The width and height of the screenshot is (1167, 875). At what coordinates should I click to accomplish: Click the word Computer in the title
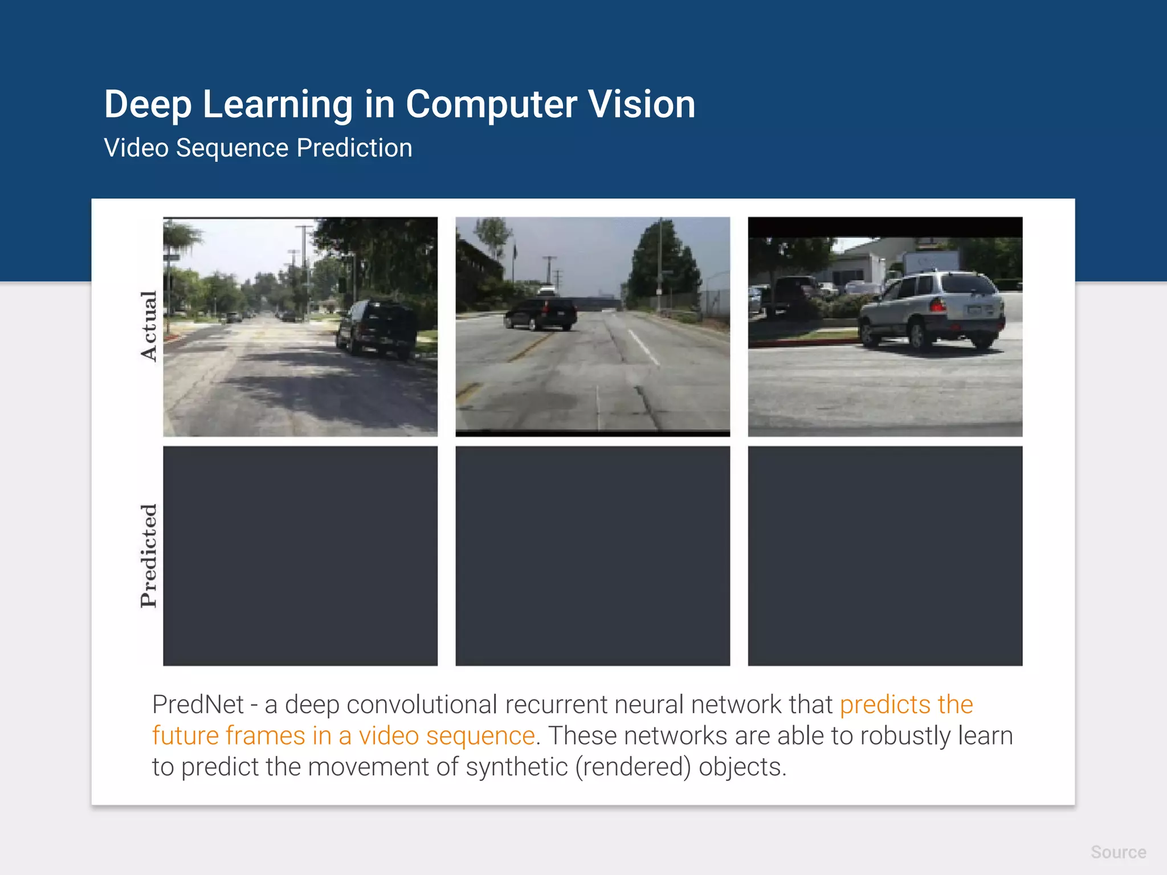pyautogui.click(x=491, y=105)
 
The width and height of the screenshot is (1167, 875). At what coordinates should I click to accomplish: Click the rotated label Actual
pyautogui.click(x=149, y=326)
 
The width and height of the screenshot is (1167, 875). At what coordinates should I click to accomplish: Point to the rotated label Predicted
pyautogui.click(x=149, y=555)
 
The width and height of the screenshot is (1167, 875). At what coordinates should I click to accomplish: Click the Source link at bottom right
pyautogui.click(x=1118, y=852)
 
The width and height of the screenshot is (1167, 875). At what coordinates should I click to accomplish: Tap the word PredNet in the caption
pyautogui.click(x=198, y=705)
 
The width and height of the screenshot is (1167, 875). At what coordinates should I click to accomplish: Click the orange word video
pyautogui.click(x=388, y=735)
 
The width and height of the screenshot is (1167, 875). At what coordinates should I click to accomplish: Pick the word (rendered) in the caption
pyautogui.click(x=633, y=767)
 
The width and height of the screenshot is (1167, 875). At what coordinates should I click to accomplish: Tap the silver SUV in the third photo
pyautogui.click(x=932, y=310)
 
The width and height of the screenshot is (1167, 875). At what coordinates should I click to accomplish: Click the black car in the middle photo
pyautogui.click(x=540, y=314)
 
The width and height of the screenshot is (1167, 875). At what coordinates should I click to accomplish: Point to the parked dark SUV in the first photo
pyautogui.click(x=378, y=329)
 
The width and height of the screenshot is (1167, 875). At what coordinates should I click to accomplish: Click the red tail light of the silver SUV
pyautogui.click(x=937, y=305)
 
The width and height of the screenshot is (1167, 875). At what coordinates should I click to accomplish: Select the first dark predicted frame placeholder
pyautogui.click(x=300, y=555)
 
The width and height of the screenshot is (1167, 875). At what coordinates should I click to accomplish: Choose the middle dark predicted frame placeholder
pyautogui.click(x=593, y=555)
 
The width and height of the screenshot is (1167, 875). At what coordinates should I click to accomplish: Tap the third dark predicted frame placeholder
pyautogui.click(x=885, y=555)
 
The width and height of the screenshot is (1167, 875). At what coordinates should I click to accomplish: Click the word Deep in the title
pyautogui.click(x=147, y=104)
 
